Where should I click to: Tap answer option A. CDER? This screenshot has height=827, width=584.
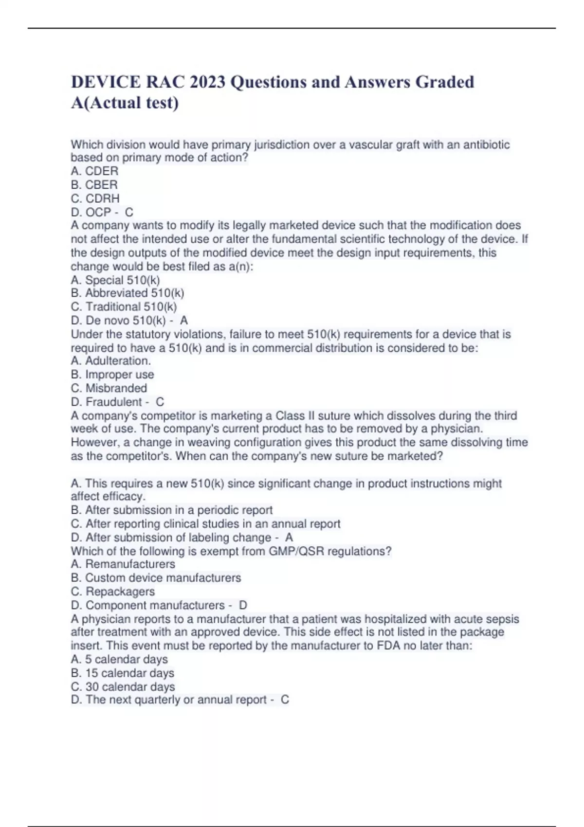(94, 171)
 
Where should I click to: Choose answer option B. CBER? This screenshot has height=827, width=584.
(94, 185)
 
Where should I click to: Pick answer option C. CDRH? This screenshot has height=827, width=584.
(95, 198)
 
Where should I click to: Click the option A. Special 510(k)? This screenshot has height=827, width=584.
(115, 280)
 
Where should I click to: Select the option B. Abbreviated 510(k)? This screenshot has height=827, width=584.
(128, 293)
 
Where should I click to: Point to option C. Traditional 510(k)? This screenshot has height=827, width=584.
(124, 306)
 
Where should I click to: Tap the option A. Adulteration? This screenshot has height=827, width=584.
(111, 360)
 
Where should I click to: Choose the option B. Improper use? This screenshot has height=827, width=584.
(112, 375)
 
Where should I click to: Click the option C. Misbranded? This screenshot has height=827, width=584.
(109, 388)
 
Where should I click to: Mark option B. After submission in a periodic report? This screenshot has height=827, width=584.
(172, 510)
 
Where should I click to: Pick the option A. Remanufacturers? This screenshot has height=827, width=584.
(123, 564)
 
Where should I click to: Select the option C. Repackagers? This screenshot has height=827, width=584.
(113, 592)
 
